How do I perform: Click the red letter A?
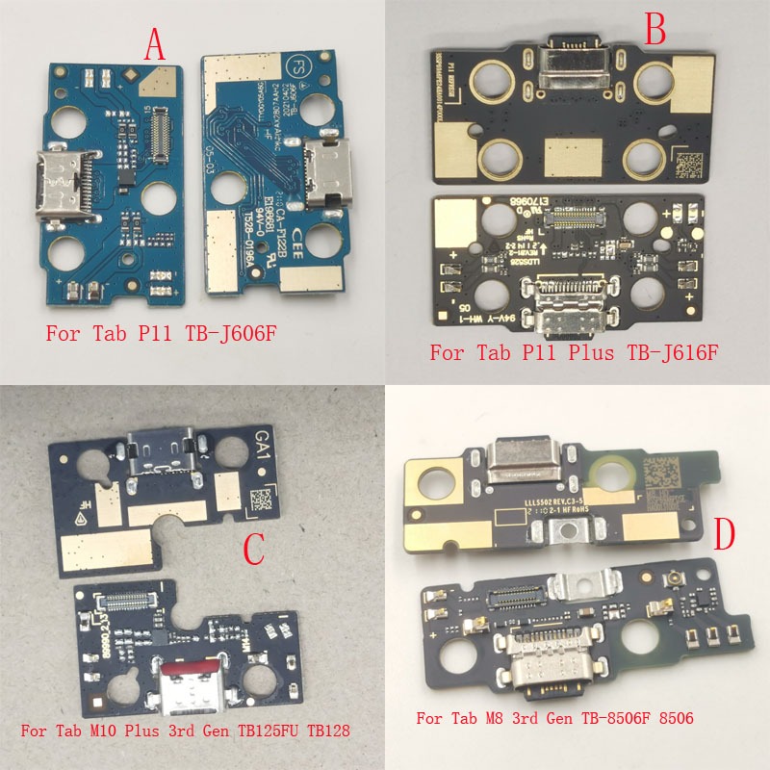click(154, 43)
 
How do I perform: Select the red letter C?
click(253, 550)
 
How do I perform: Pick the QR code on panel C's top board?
click(261, 500)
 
